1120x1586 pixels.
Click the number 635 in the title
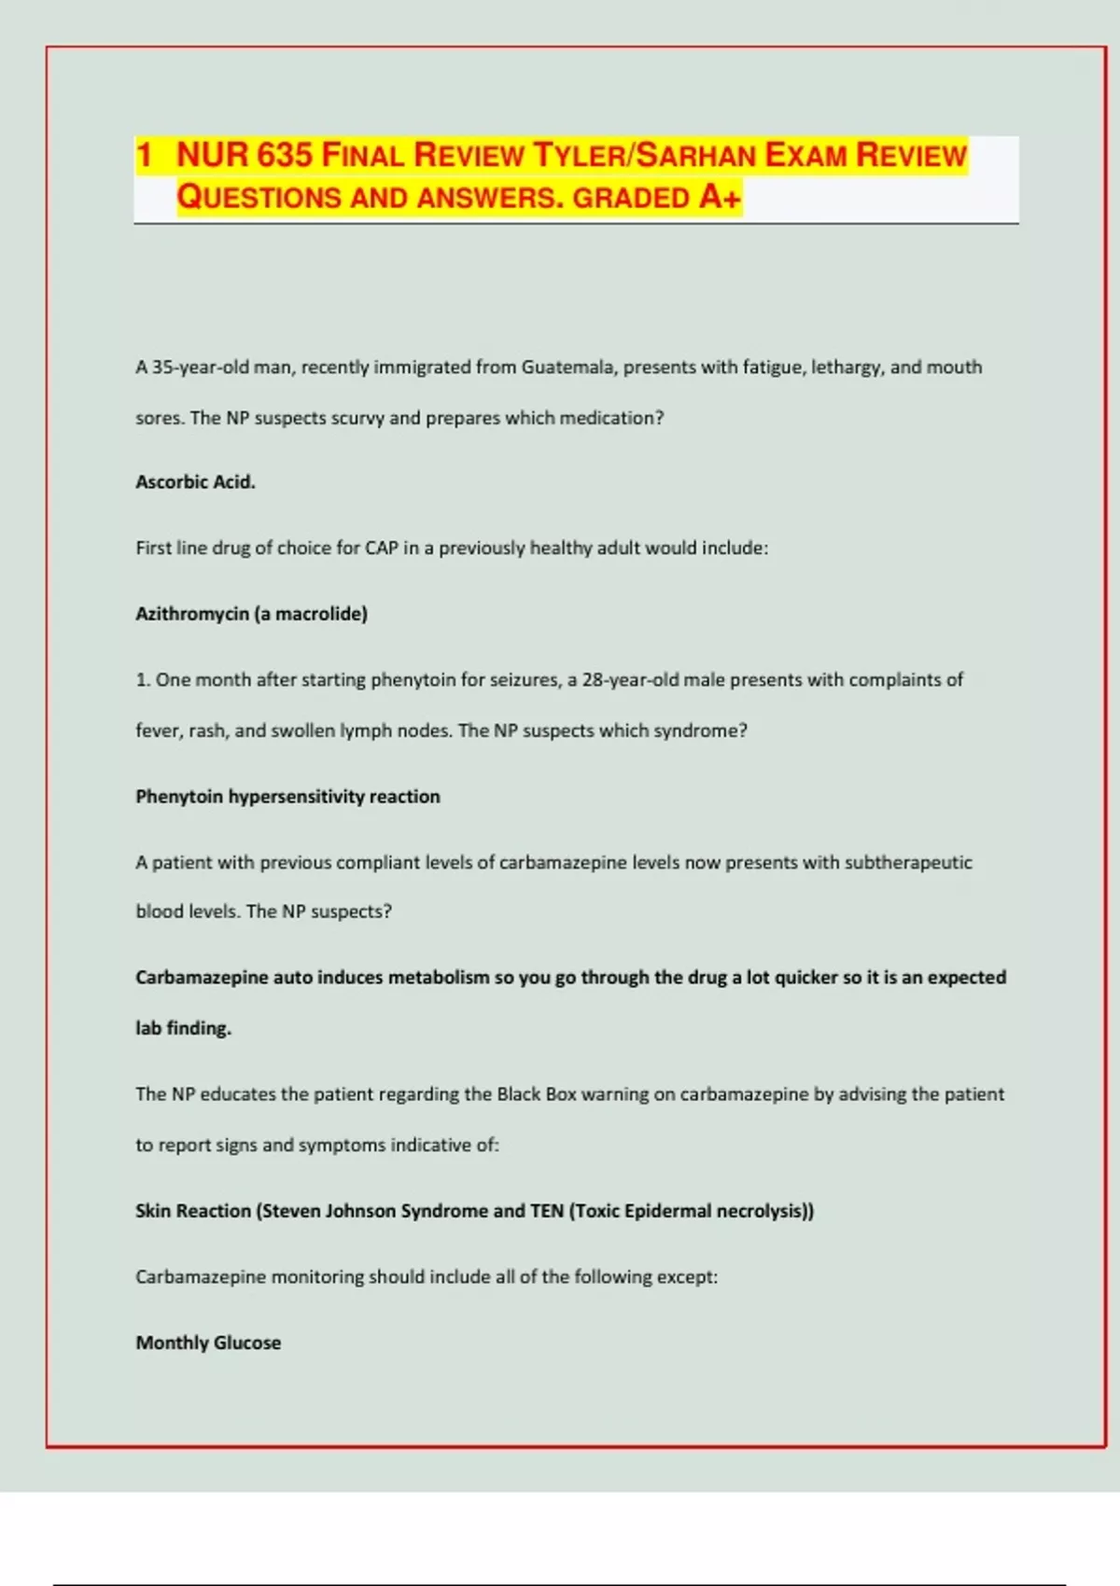284,155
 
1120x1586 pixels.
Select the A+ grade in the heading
720,197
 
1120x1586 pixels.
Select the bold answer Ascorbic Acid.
195,481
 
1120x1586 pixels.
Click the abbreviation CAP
381,548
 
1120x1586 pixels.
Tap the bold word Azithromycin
191,614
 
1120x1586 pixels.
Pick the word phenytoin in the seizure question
413,679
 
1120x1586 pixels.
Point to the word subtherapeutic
908,862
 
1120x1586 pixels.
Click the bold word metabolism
439,977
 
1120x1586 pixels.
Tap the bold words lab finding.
183,1028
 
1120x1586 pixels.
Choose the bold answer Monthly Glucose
208,1343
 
